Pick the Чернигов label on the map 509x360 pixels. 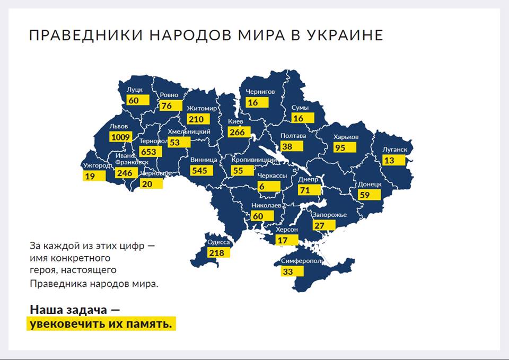pos(260,92)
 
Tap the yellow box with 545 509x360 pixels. pos(202,170)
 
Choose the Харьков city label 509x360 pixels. pos(346,137)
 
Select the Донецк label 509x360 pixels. pos(370,184)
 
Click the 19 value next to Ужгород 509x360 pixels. pos(90,176)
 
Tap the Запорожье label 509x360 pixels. pos(329,215)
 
